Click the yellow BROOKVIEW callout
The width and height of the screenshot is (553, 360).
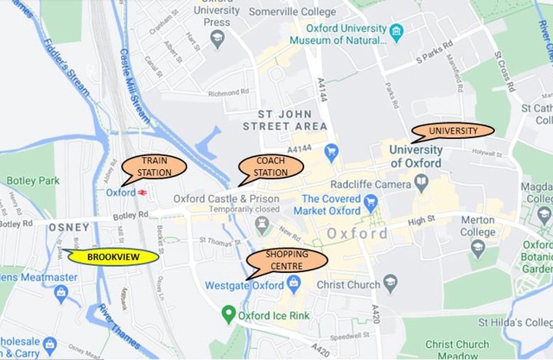[x=114, y=256]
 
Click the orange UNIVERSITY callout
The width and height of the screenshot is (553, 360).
[x=452, y=131]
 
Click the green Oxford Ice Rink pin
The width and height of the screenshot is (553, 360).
[x=228, y=313]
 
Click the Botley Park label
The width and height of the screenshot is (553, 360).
[x=31, y=180]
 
